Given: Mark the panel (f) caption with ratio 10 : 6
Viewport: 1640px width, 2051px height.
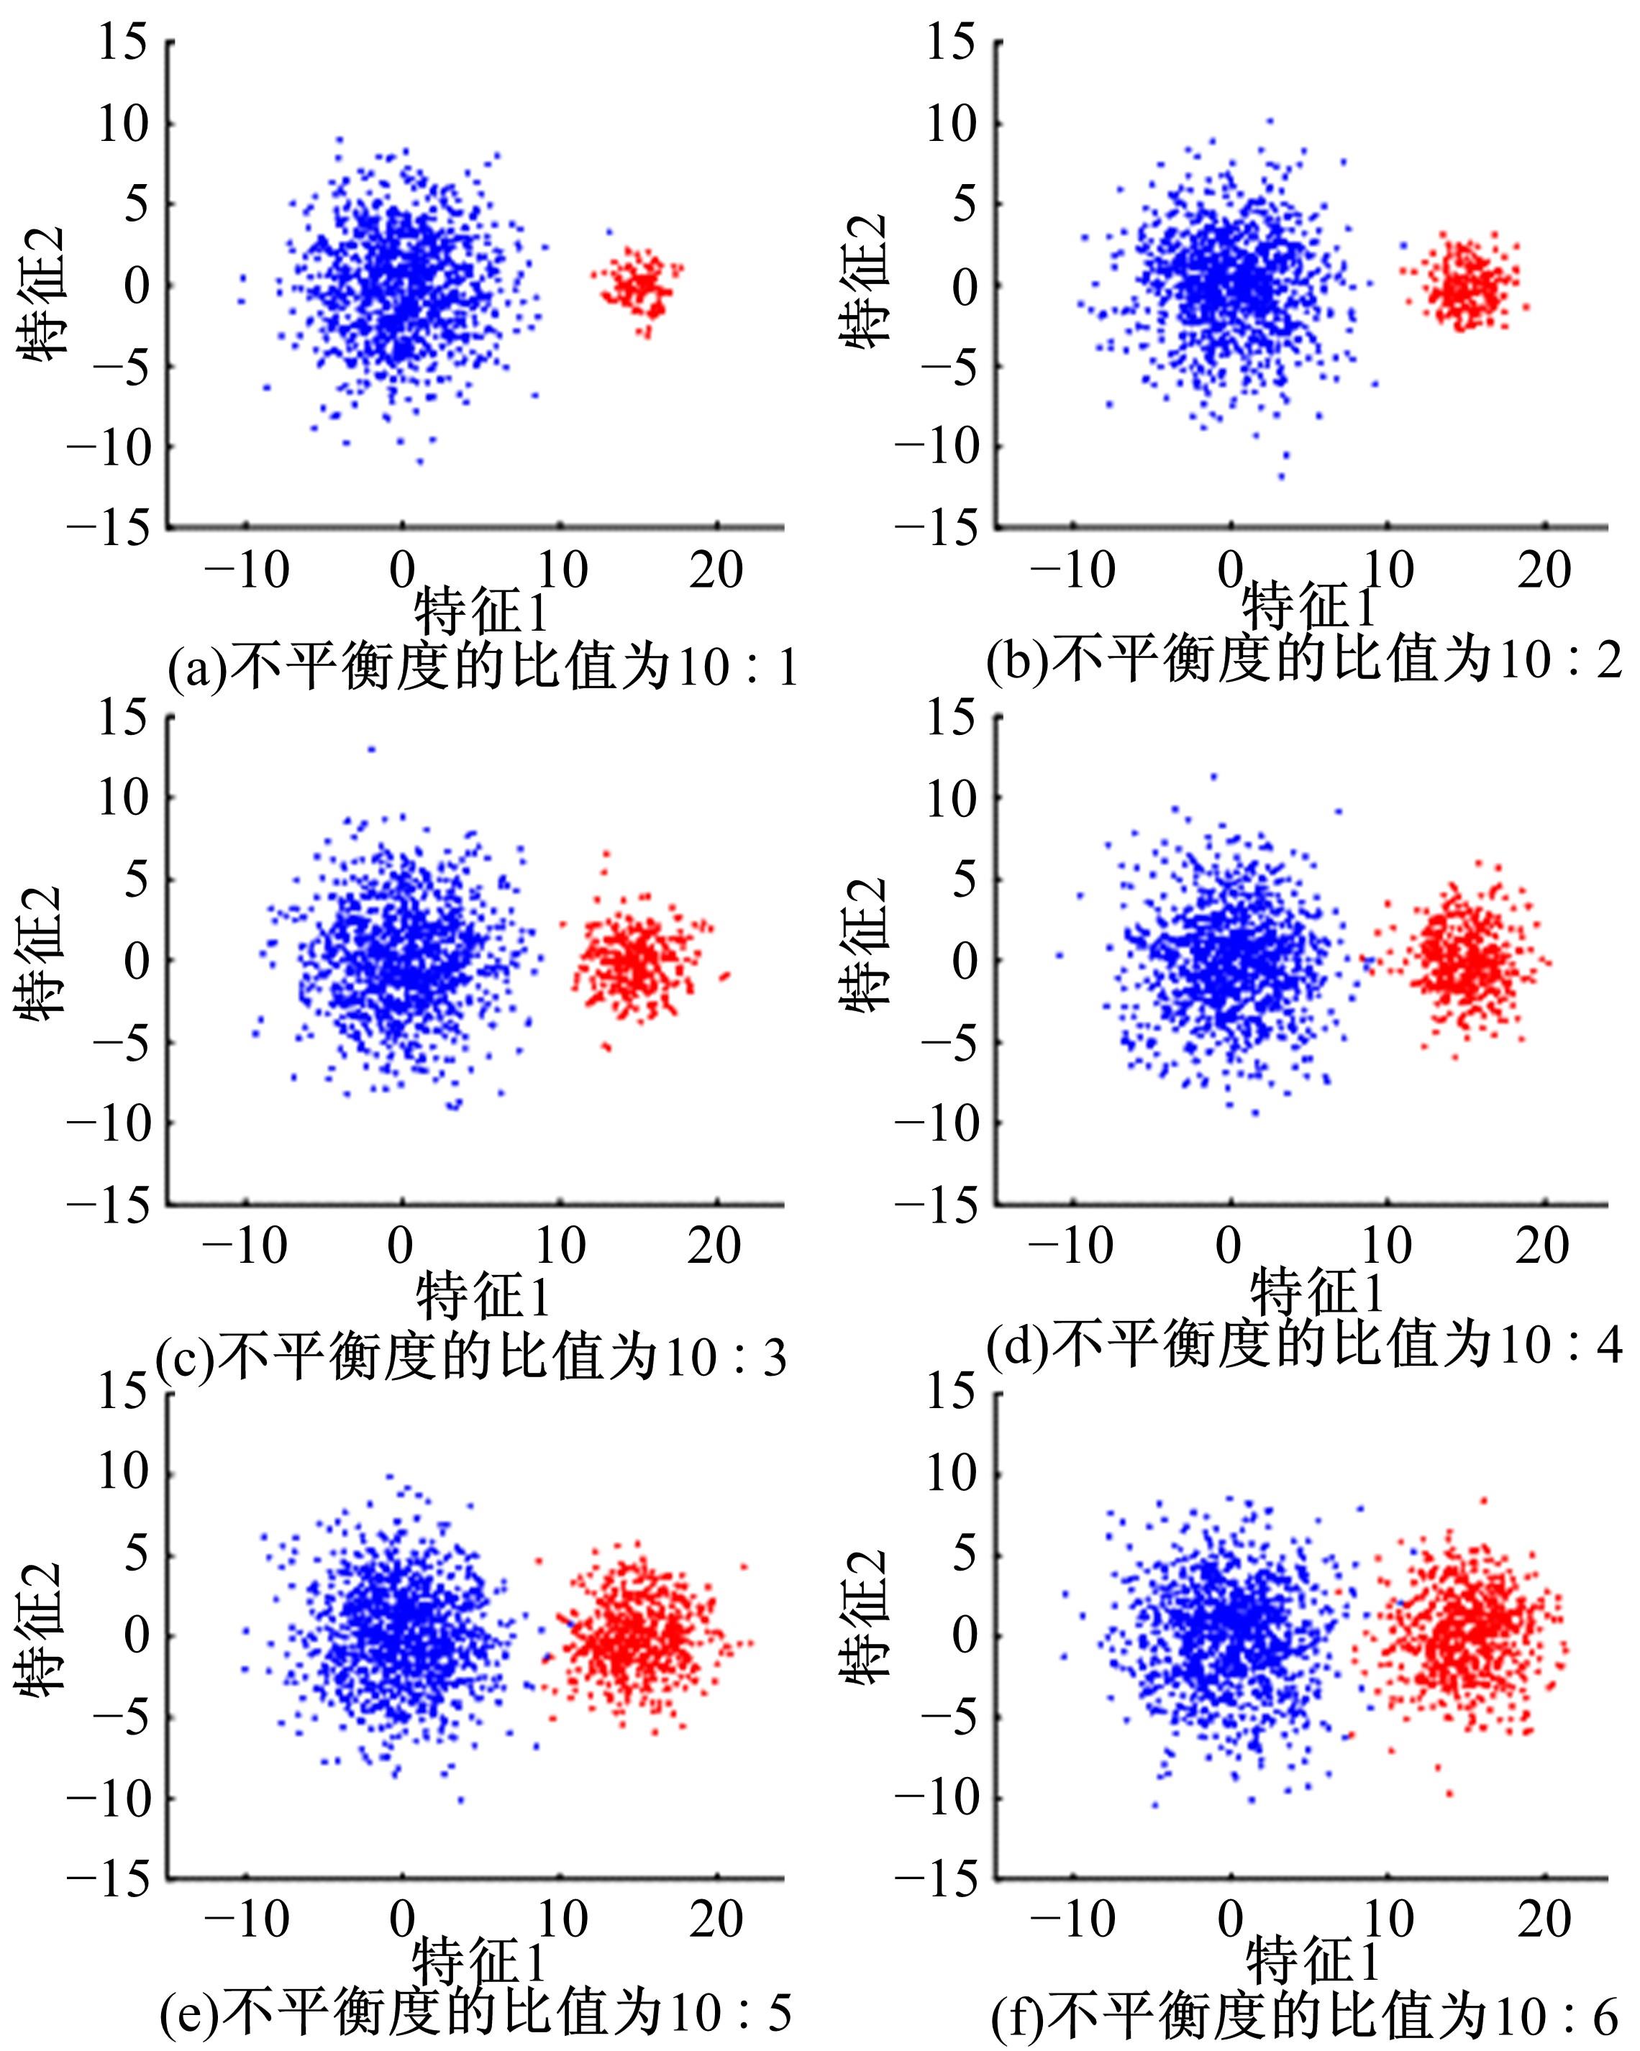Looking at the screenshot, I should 1303,2015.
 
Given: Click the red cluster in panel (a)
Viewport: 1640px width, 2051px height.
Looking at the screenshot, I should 639,283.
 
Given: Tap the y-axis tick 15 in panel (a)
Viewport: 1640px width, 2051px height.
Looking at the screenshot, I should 124,44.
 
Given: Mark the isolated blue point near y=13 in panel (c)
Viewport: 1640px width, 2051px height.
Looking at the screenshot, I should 371,749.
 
